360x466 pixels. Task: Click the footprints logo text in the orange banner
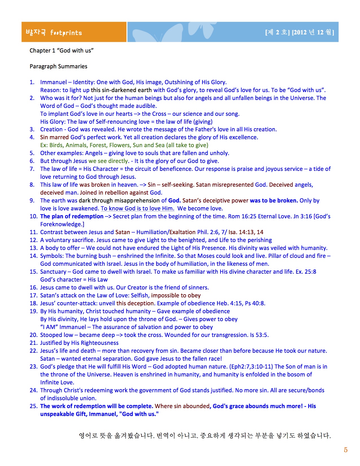(66, 33)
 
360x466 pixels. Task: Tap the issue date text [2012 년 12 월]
(313, 32)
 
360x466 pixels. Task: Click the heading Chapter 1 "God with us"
(62, 51)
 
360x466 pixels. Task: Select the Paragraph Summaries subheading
(58, 66)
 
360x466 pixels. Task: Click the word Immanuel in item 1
(54, 82)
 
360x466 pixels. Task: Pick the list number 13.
(33, 248)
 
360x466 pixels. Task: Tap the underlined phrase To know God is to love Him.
(138, 208)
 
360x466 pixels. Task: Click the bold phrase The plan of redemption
(72, 216)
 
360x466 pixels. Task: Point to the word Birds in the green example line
(56, 145)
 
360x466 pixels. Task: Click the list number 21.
(33, 343)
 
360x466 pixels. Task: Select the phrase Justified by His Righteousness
(79, 343)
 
